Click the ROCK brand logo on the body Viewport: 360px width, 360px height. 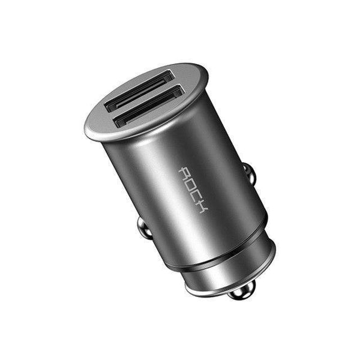pos(193,191)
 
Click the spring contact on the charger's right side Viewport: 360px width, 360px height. pos(250,175)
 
